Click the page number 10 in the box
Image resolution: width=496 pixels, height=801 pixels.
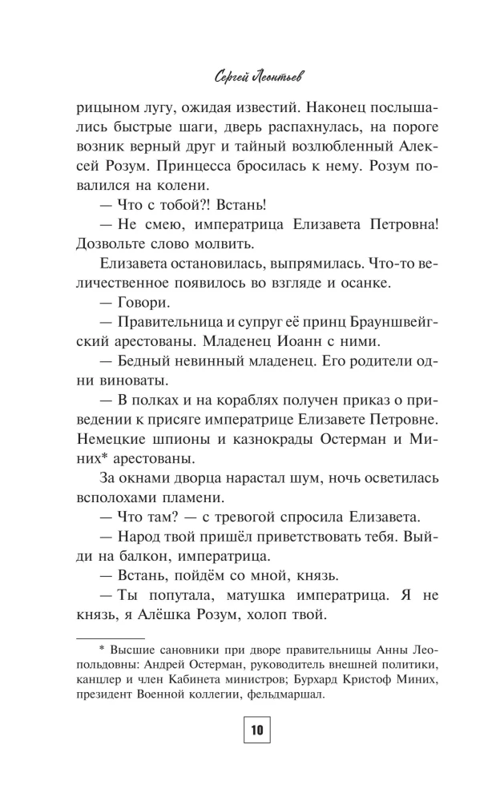tap(256, 731)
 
